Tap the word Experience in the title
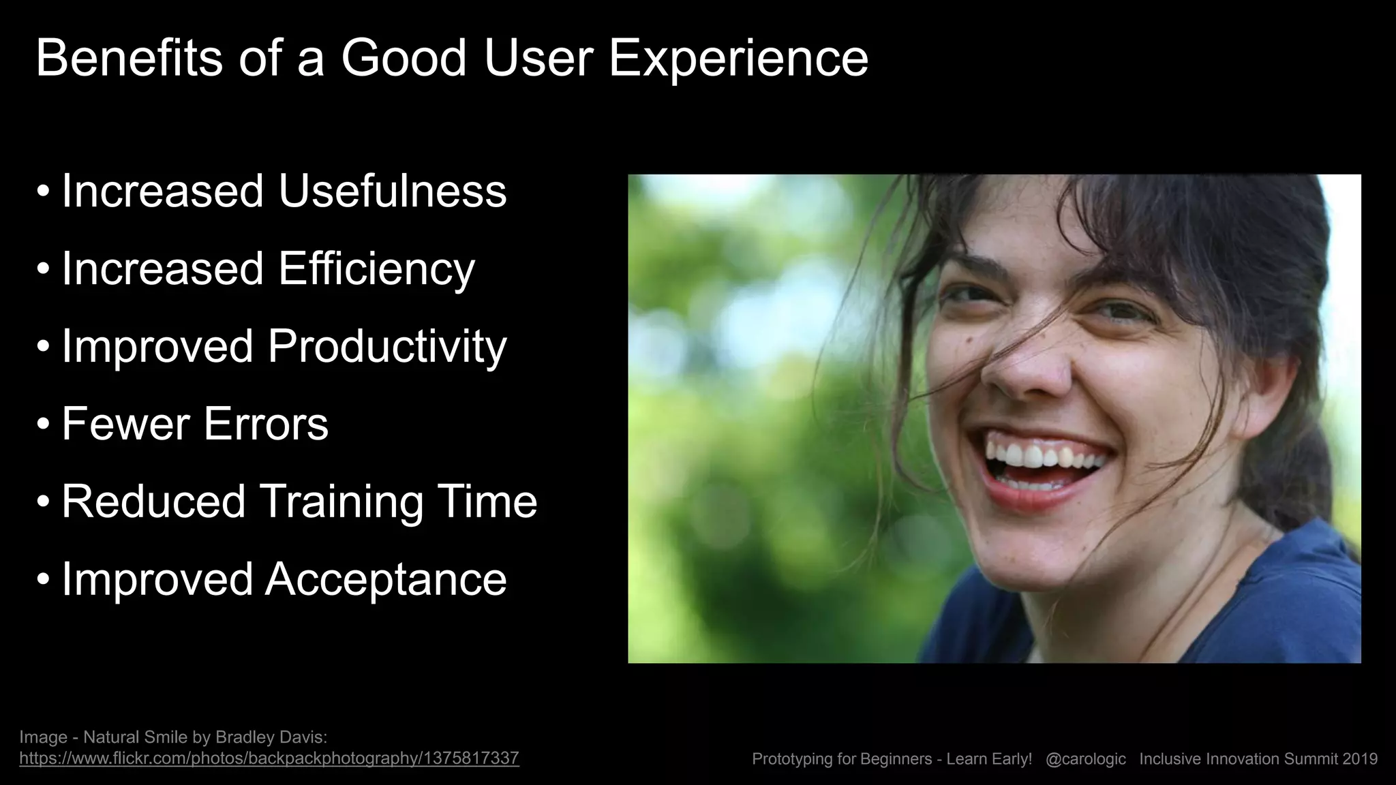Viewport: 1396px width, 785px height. pyautogui.click(x=738, y=59)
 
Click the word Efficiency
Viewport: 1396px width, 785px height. pyautogui.click(x=376, y=268)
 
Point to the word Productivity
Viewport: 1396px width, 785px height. pyautogui.click(x=386, y=347)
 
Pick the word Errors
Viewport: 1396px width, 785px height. pyautogui.click(x=266, y=424)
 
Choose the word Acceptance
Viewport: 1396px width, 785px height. pyautogui.click(x=386, y=580)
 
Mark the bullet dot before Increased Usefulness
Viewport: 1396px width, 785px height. pyautogui.click(x=44, y=191)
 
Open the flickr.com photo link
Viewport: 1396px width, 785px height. pyautogui.click(x=269, y=758)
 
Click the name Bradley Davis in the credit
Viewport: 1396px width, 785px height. pyautogui.click(x=271, y=737)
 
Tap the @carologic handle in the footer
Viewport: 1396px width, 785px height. pyautogui.click(x=1085, y=759)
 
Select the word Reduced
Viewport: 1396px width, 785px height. pyautogui.click(x=153, y=502)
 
